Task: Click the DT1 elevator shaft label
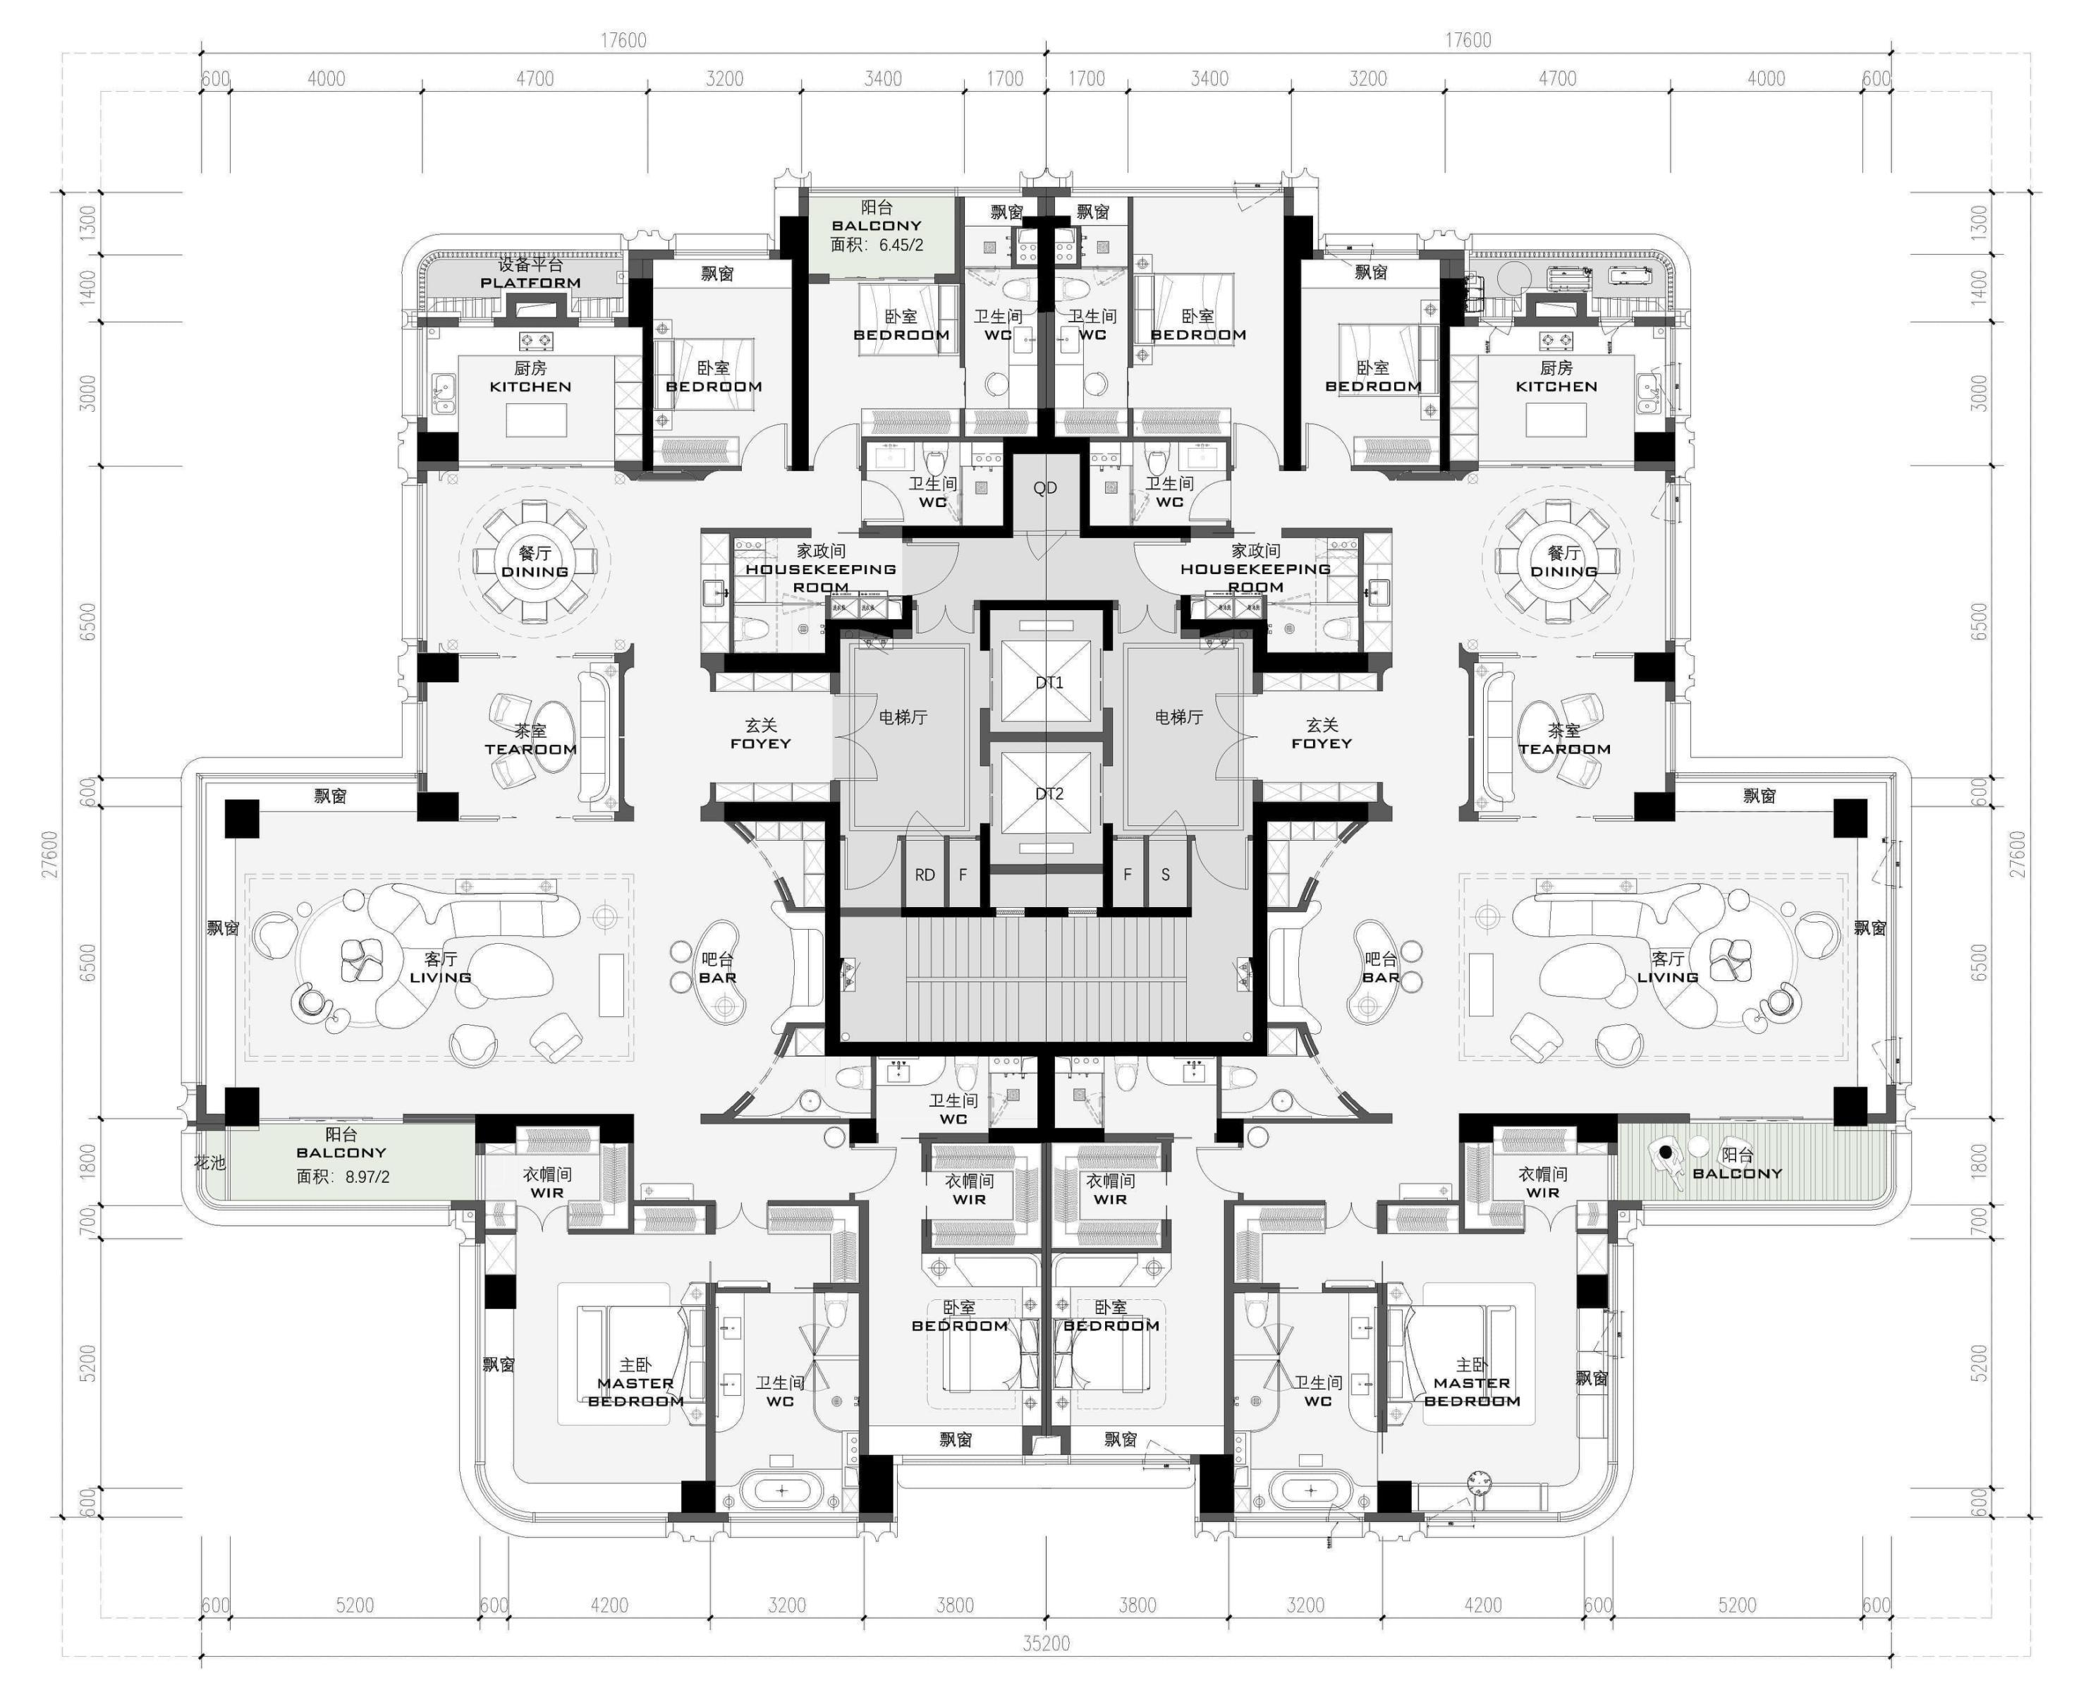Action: click(x=1049, y=683)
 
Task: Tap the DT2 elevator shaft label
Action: click(x=1049, y=794)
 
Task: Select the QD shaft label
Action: click(x=1044, y=487)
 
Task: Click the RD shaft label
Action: click(x=925, y=874)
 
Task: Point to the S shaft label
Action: click(x=1165, y=874)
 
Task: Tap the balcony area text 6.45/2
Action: click(x=901, y=245)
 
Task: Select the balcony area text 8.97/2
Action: click(x=367, y=1176)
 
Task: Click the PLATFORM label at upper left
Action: click(x=530, y=284)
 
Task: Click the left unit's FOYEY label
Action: click(x=760, y=743)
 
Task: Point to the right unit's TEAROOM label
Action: click(x=1564, y=748)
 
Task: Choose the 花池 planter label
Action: click(x=209, y=1162)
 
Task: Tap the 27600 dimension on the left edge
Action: click(x=49, y=853)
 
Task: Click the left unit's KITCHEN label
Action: click(x=530, y=387)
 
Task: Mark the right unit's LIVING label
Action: click(x=1667, y=978)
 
